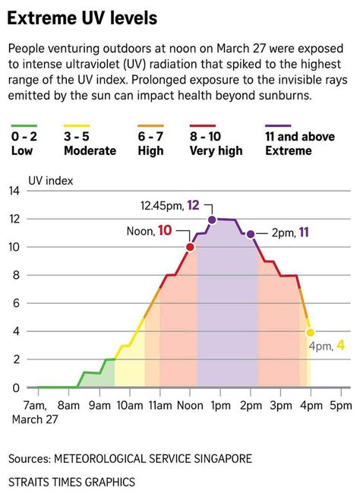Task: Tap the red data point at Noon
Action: [190, 247]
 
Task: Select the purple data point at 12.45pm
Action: [213, 220]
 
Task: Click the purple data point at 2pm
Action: [251, 233]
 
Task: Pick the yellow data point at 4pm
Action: [310, 332]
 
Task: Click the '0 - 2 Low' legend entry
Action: [25, 144]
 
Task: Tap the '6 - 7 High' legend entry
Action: [150, 144]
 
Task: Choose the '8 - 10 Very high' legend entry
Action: [216, 144]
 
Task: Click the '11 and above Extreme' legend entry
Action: [299, 144]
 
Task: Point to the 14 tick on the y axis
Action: [14, 191]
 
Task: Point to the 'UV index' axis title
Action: [52, 180]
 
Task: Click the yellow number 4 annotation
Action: [341, 345]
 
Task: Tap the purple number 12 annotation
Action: [193, 205]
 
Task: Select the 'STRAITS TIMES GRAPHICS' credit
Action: [72, 482]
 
